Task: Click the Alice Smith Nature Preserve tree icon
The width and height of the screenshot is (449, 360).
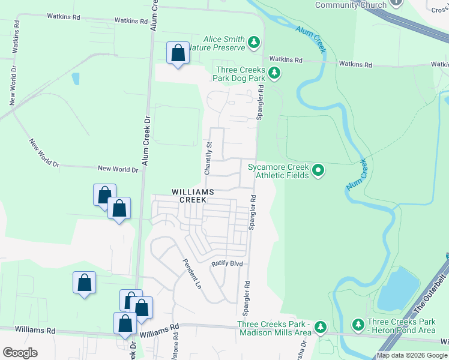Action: click(255, 43)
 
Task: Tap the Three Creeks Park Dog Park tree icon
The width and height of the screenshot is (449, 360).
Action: click(274, 73)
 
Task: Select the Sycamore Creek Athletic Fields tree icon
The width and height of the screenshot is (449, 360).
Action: click(318, 171)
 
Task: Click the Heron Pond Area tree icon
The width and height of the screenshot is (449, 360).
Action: click(358, 325)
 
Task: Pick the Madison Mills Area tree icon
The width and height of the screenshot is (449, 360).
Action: click(321, 328)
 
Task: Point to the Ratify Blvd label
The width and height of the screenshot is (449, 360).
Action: click(226, 263)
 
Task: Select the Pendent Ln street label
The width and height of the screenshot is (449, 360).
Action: click(192, 274)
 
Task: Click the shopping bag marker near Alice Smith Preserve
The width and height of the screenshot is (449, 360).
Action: click(178, 53)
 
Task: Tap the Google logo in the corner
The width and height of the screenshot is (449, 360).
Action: click(20, 353)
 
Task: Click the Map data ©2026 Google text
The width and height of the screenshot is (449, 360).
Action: click(412, 355)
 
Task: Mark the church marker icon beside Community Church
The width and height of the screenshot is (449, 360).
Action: click(396, 2)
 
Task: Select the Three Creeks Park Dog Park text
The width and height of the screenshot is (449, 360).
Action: click(241, 74)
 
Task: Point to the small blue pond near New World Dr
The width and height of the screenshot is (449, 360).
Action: click(75, 79)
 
